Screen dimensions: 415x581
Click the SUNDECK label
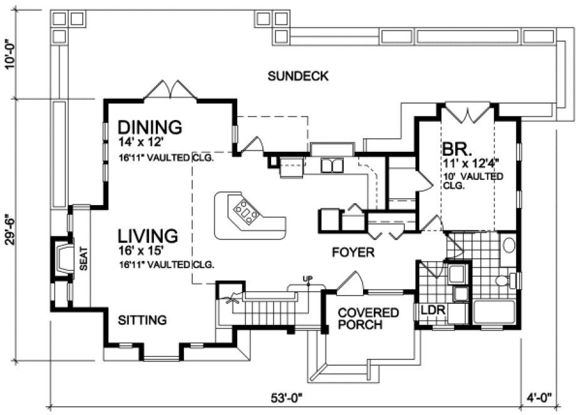click(298, 77)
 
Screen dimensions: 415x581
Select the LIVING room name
click(148, 235)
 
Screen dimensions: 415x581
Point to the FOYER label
click(352, 252)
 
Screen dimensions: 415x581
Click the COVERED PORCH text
click(368, 319)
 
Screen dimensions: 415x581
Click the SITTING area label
click(143, 320)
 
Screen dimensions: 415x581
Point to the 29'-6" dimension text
click(9, 231)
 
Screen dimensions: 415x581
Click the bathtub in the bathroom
click(494, 311)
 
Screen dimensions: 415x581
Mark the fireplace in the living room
click(62, 258)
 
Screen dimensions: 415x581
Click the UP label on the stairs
click(307, 278)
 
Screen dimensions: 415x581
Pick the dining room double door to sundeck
click(171, 90)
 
